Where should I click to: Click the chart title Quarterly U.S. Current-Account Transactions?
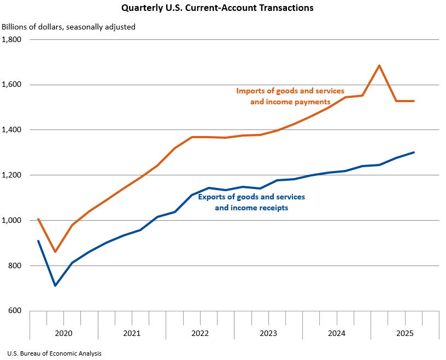pos(218,8)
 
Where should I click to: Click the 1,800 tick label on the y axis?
pos(11,39)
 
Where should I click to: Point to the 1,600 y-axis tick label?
pos(11,85)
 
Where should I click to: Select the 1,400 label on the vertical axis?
pos(11,130)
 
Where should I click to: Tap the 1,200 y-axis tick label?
pos(11,175)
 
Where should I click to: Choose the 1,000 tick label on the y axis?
pos(11,221)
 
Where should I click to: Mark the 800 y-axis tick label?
pos(14,266)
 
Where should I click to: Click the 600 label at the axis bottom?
pos(14,311)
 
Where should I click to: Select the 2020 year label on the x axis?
pos(63,333)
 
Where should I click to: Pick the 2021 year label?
pos(132,333)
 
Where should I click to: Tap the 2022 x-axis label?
pos(200,333)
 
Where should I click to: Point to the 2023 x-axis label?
pos(268,333)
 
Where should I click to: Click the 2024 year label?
pos(337,333)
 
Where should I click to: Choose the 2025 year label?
pos(405,333)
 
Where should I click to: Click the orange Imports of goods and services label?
pos(290,96)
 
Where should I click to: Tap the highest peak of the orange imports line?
pos(379,66)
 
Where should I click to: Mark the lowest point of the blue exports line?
pos(55,285)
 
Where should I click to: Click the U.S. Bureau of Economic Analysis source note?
pos(55,353)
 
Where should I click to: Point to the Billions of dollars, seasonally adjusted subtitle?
pos(69,26)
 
